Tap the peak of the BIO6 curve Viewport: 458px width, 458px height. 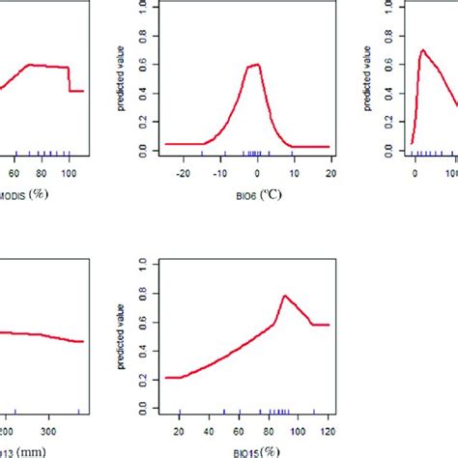256,65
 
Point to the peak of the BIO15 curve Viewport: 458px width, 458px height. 284,296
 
